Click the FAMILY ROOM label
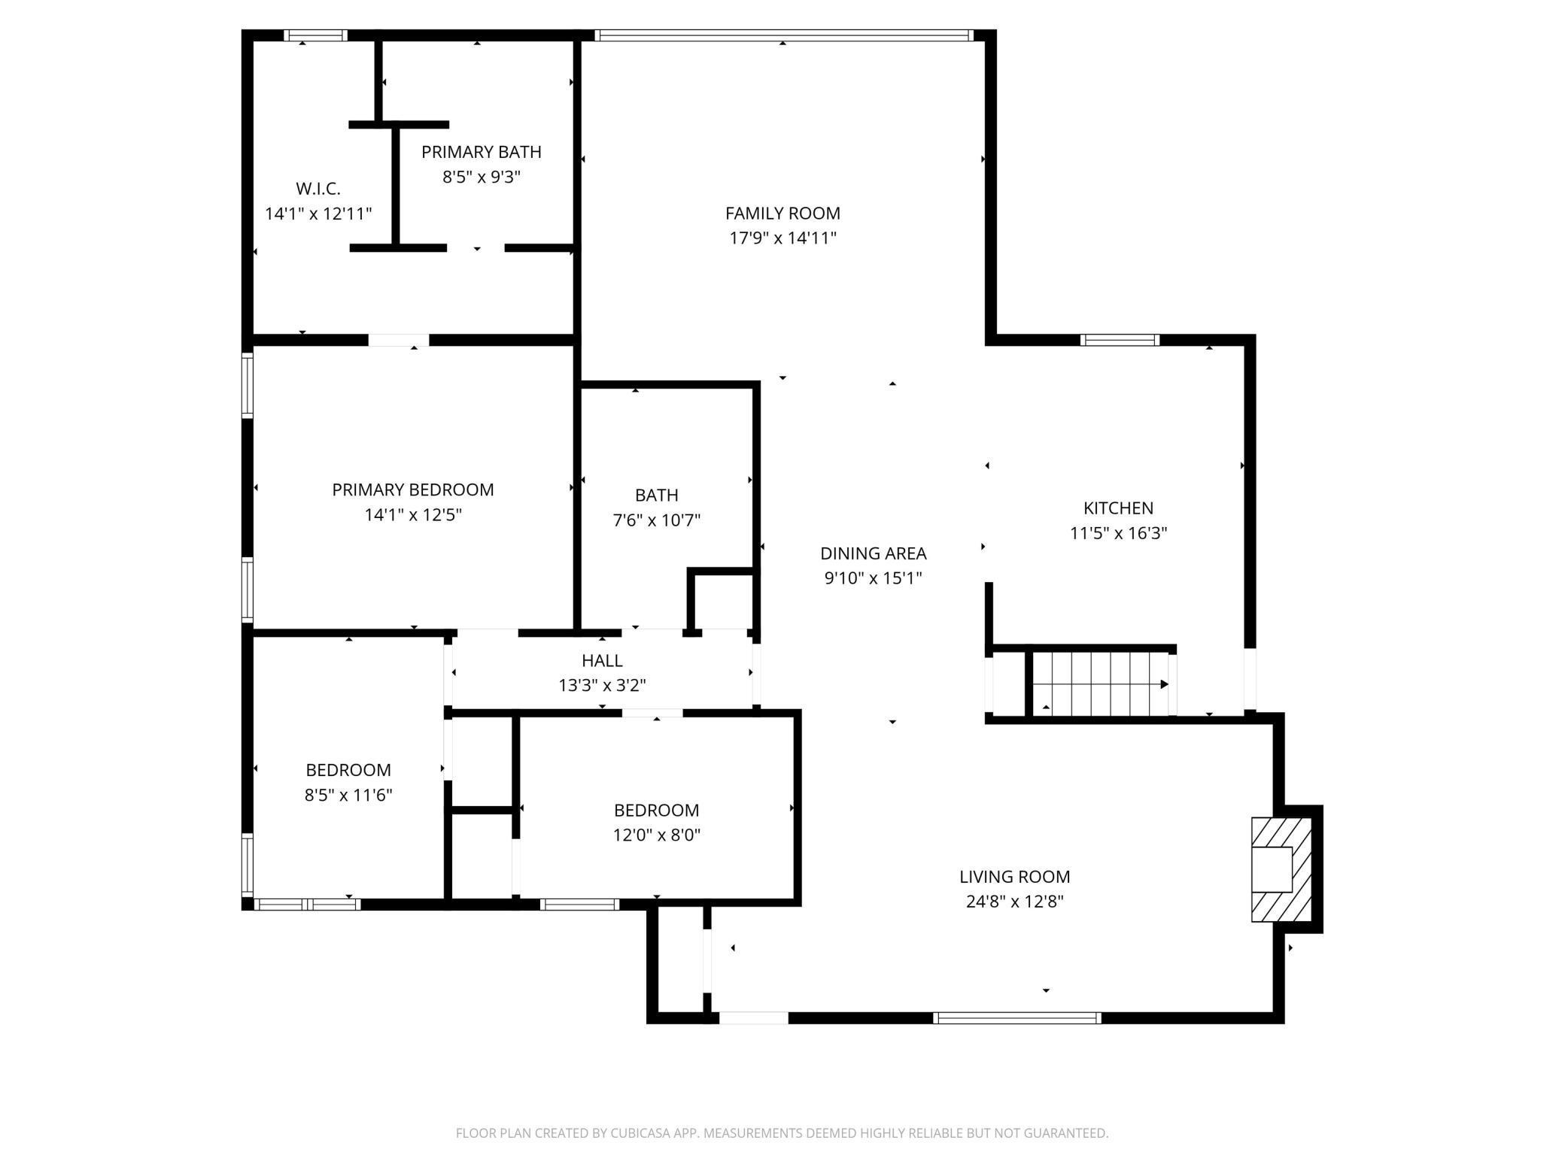click(782, 214)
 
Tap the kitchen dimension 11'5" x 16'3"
click(1118, 533)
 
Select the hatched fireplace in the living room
click(1281, 868)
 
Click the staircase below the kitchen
click(1099, 684)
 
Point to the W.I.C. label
click(318, 189)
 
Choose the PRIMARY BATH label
click(481, 152)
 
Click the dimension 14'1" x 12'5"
click(413, 515)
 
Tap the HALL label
click(602, 660)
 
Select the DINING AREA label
click(873, 553)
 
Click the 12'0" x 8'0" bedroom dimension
click(656, 835)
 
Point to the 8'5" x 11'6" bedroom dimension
click(348, 795)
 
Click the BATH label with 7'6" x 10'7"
click(656, 496)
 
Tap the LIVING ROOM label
click(1014, 877)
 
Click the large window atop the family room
click(782, 35)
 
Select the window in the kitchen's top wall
click(1120, 340)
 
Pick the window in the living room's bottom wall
click(1016, 1018)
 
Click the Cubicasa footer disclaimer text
click(782, 1132)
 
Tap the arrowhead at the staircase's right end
click(1164, 684)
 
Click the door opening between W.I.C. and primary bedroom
click(398, 341)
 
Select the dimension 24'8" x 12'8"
click(1014, 902)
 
